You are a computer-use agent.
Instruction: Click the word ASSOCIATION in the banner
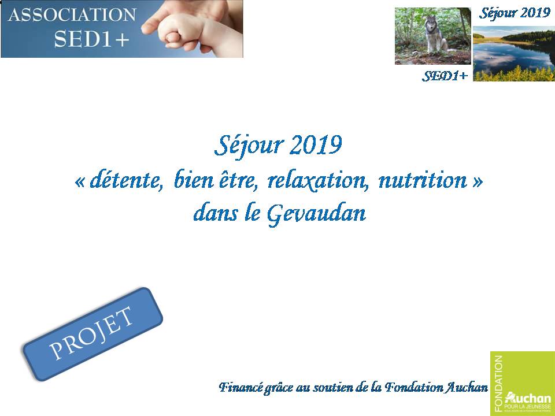[x=72, y=15]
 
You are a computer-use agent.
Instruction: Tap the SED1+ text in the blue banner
[x=91, y=39]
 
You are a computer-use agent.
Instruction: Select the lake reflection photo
[x=514, y=53]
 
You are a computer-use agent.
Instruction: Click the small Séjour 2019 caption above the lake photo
[x=515, y=13]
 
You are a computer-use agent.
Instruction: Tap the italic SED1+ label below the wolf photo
[x=445, y=75]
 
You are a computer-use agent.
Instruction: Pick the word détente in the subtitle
[x=127, y=180]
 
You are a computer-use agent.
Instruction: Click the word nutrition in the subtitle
[x=423, y=180]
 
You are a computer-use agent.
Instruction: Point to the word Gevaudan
[x=316, y=214]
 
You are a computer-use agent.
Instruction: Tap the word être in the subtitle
[x=238, y=180]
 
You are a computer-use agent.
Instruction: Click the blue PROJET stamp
[x=92, y=334]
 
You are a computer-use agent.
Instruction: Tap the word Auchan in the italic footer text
[x=466, y=388]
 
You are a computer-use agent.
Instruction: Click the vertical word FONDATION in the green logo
[x=499, y=384]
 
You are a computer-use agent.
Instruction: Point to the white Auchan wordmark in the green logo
[x=528, y=398]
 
